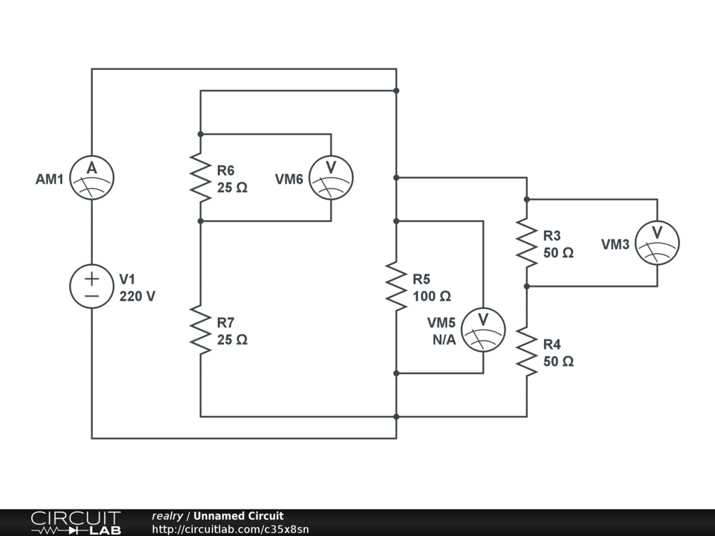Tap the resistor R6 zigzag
tap(200, 178)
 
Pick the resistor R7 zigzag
tap(200, 330)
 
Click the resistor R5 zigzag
tap(397, 286)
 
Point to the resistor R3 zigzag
tap(526, 243)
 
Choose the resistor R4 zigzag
tap(526, 352)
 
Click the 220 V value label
tap(138, 297)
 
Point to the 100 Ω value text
tap(432, 297)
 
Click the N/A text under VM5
tap(444, 340)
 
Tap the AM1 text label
tap(50, 179)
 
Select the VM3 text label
tap(615, 245)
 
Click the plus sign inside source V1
tap(91, 278)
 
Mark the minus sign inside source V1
tap(91, 296)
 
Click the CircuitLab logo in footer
tap(76, 523)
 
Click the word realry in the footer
tap(168, 516)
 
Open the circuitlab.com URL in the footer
tap(230, 529)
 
